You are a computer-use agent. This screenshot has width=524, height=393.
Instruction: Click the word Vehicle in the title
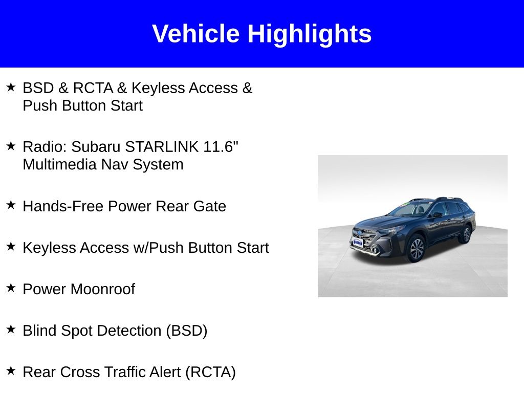pos(196,33)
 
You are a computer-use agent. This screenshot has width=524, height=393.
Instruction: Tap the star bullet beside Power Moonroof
pos(11,288)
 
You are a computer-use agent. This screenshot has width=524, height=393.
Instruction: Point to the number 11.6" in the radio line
pos(221,146)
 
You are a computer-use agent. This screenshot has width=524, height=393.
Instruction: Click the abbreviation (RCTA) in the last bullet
pos(210,373)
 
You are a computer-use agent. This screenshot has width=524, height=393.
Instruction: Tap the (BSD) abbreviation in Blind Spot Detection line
pos(187,331)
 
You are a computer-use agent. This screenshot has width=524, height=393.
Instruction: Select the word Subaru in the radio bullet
pos(96,147)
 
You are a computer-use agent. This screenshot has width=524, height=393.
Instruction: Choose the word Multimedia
pos(59,164)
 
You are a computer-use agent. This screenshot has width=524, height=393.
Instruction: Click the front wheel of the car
pos(416,248)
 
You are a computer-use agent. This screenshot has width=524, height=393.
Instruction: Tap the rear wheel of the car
pos(467,234)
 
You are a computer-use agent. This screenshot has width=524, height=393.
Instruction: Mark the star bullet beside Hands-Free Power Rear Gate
pos(11,205)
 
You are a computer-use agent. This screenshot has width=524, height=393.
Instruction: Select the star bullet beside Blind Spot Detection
pos(11,329)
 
